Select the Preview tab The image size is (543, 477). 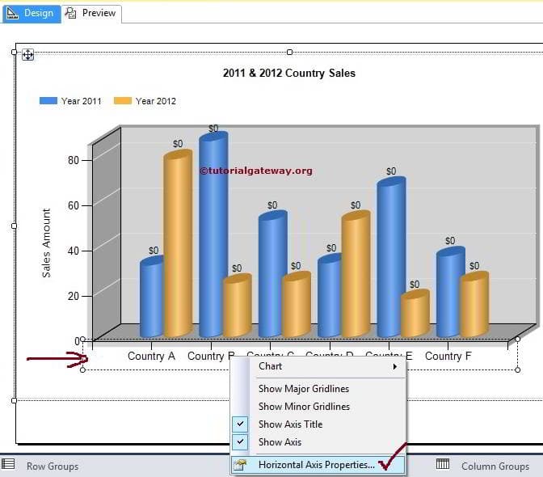(92, 13)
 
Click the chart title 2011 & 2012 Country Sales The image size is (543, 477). (288, 73)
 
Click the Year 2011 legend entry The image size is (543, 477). (71, 101)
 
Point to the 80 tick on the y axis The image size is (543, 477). (74, 159)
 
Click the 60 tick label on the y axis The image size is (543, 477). (74, 205)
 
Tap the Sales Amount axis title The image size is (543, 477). (47, 243)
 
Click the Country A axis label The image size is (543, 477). (151, 356)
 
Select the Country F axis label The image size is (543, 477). (443, 356)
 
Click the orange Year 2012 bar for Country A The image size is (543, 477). (178, 243)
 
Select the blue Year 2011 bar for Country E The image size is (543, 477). (389, 259)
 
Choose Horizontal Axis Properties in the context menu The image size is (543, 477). (316, 465)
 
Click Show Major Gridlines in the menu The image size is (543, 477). (304, 389)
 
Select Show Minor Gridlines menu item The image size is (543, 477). (304, 407)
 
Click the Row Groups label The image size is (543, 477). (53, 466)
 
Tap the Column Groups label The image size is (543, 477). (495, 466)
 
